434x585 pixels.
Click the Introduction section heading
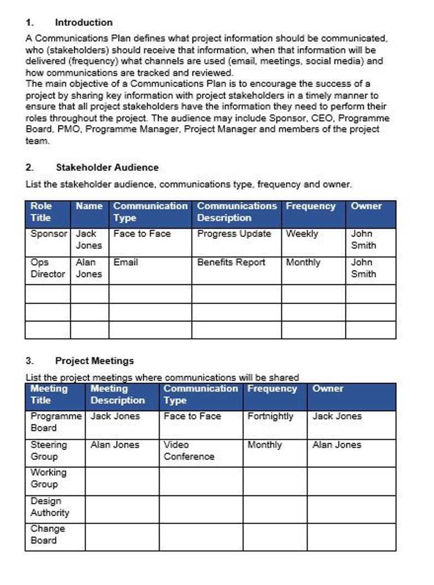(x=84, y=22)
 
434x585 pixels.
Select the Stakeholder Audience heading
(x=107, y=167)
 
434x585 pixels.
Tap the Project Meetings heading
(x=94, y=361)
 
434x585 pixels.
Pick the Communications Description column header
(x=236, y=212)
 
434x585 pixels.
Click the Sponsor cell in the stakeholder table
(x=49, y=234)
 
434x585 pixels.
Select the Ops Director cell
(x=48, y=268)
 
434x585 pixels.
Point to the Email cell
(x=126, y=262)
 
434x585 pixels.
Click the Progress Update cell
(x=234, y=234)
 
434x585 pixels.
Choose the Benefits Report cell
(x=231, y=262)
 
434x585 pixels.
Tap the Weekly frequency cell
(x=302, y=234)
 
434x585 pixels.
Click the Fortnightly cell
(x=270, y=416)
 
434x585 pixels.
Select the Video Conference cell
(x=189, y=451)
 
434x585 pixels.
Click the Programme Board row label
(x=56, y=422)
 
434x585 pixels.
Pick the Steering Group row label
(x=49, y=451)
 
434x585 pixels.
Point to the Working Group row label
(x=48, y=478)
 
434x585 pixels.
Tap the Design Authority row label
(x=50, y=507)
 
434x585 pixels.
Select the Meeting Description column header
(x=118, y=394)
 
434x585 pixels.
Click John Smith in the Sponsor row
(x=363, y=239)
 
